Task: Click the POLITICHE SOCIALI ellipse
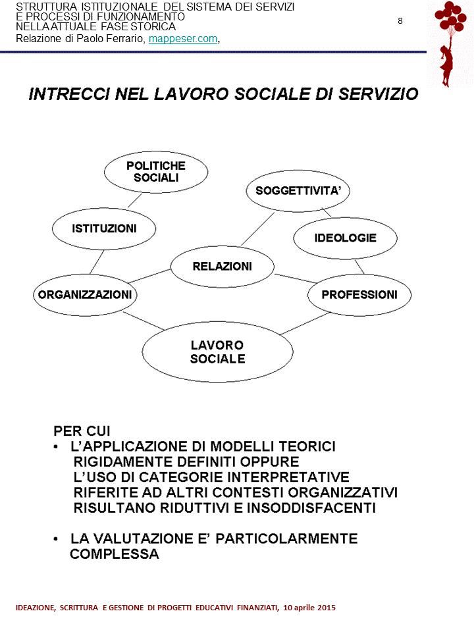tap(156, 172)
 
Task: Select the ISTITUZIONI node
tap(104, 228)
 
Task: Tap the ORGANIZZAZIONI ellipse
tap(85, 294)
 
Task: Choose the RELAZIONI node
tap(222, 267)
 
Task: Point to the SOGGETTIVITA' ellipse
tap(298, 192)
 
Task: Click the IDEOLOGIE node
tap(345, 238)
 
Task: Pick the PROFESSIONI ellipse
tap(359, 294)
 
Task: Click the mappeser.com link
tap(183, 39)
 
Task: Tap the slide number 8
tap(400, 20)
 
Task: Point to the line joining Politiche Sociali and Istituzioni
tap(135, 199)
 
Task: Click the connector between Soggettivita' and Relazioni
tap(257, 227)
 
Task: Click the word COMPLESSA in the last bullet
tap(115, 554)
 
